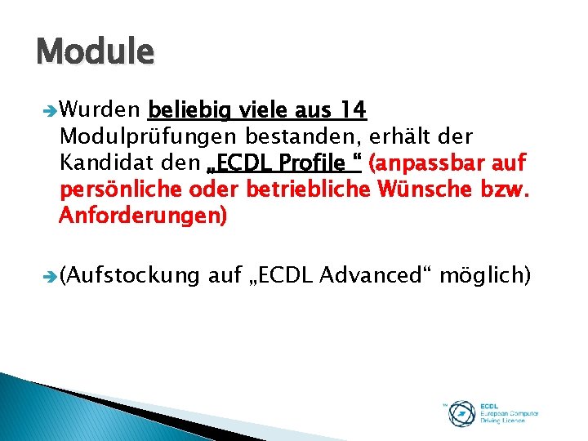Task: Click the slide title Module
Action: coord(95,52)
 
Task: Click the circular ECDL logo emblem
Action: coord(462,412)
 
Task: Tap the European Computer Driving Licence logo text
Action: coord(509,412)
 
